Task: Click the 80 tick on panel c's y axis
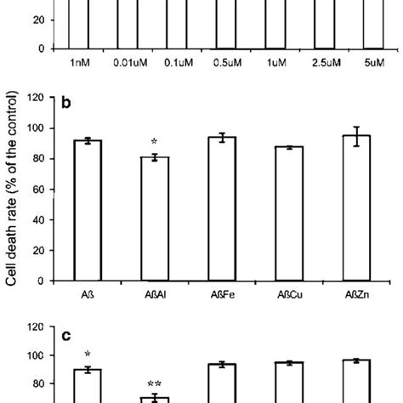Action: pos(39,383)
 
